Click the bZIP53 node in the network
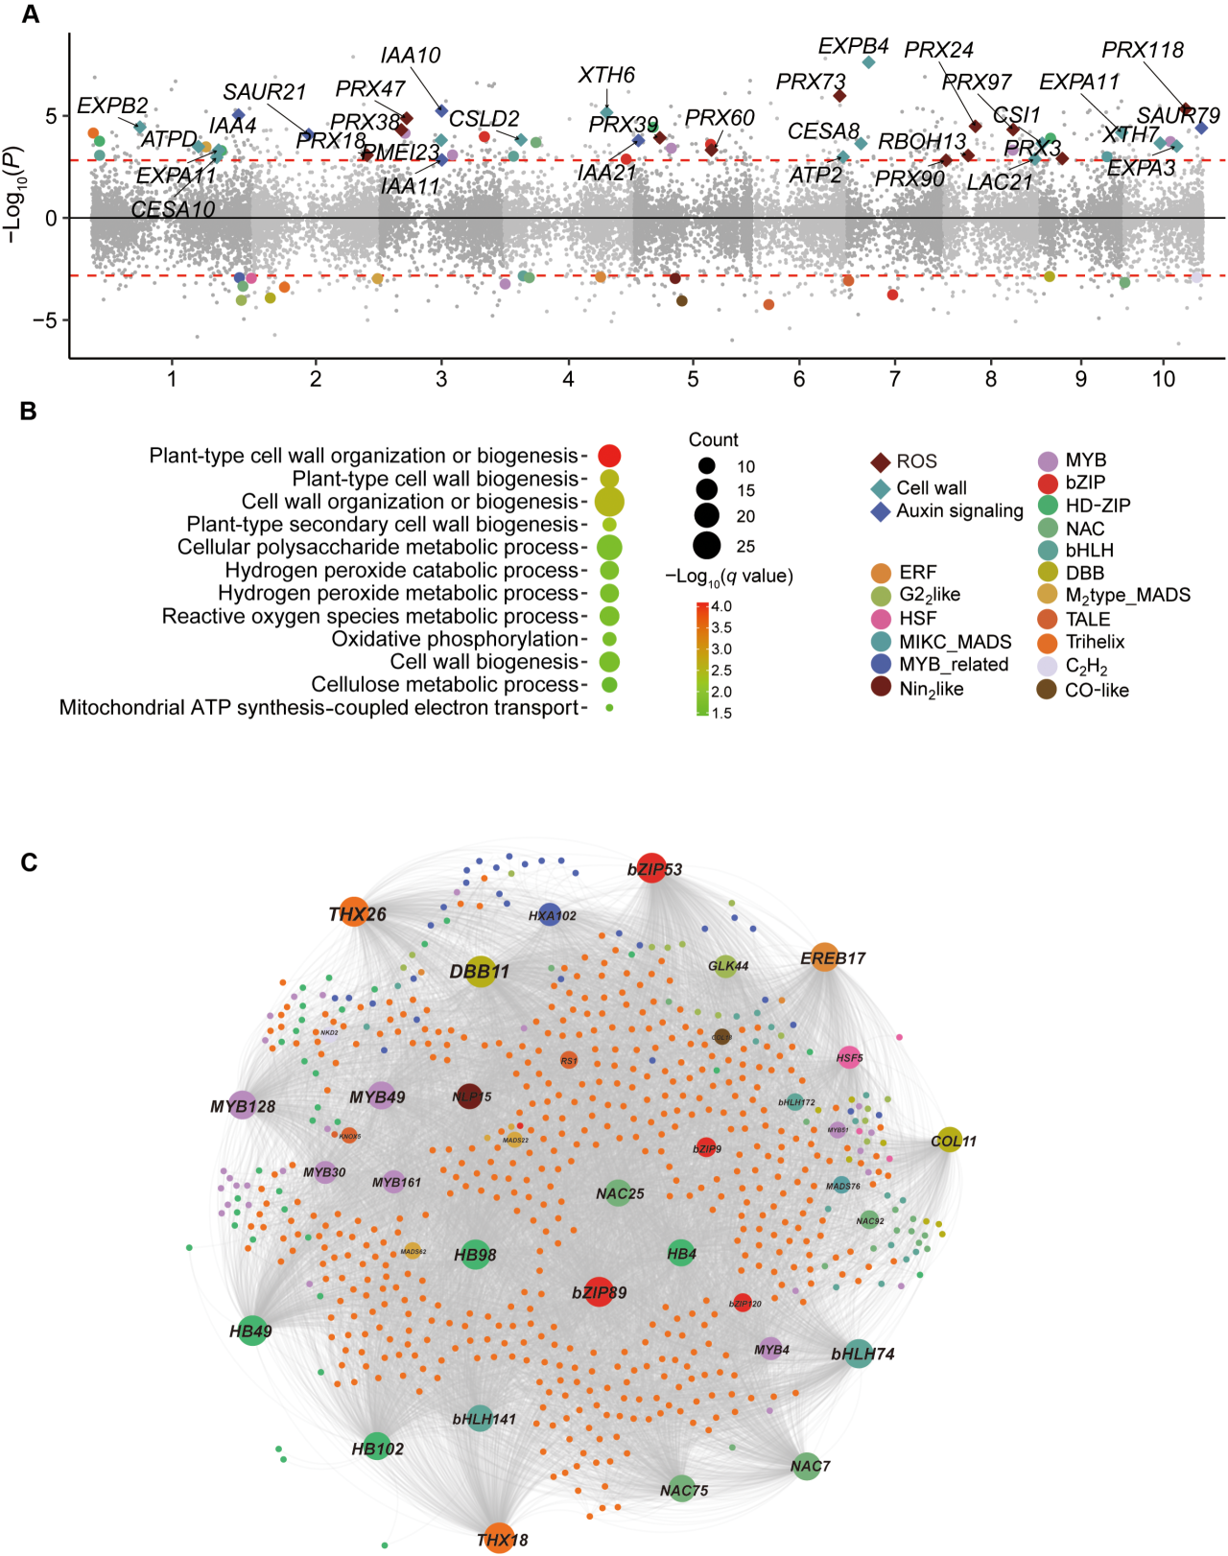click(652, 868)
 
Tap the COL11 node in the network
click(949, 1141)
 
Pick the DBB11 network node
click(480, 972)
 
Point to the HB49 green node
click(251, 1331)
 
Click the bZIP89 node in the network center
click(599, 1292)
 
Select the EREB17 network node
click(825, 957)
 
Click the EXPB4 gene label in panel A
click(853, 46)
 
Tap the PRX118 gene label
click(1142, 50)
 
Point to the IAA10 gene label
click(410, 56)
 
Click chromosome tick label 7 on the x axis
click(894, 379)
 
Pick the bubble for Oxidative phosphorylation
click(608, 639)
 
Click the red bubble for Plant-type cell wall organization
click(608, 456)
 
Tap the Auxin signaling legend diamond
click(880, 511)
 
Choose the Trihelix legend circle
click(1048, 642)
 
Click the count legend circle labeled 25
click(706, 545)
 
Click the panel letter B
click(28, 411)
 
